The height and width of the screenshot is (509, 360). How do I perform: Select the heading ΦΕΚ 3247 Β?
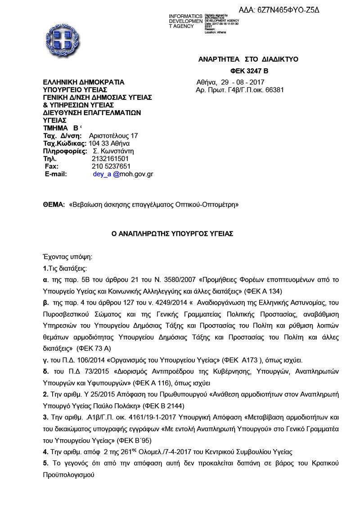pyautogui.click(x=249, y=71)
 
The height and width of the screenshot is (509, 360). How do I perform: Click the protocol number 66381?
pyautogui.click(x=275, y=90)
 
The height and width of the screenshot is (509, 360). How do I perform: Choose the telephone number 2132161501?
pyautogui.click(x=110, y=159)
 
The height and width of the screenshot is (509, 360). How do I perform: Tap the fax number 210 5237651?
pyautogui.click(x=111, y=166)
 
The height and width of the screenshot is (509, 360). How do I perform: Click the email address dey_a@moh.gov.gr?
pyautogui.click(x=123, y=174)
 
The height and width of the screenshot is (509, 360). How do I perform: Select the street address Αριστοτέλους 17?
pyautogui.click(x=113, y=136)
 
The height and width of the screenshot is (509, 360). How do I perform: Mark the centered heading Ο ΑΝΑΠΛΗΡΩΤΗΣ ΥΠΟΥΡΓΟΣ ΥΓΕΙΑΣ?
pyautogui.click(x=172, y=234)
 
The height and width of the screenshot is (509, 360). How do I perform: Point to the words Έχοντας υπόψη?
pyautogui.click(x=67, y=257)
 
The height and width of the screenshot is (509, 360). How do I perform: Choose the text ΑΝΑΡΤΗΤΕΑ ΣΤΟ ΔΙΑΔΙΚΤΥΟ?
pyautogui.click(x=248, y=59)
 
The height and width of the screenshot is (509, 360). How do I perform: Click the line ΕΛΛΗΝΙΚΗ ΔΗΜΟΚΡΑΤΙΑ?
pyautogui.click(x=83, y=82)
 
